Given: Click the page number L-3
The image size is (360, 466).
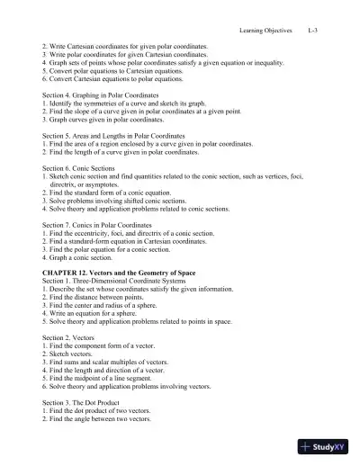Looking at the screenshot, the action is [x=312, y=30].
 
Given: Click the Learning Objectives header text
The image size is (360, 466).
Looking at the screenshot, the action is [x=265, y=30].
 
